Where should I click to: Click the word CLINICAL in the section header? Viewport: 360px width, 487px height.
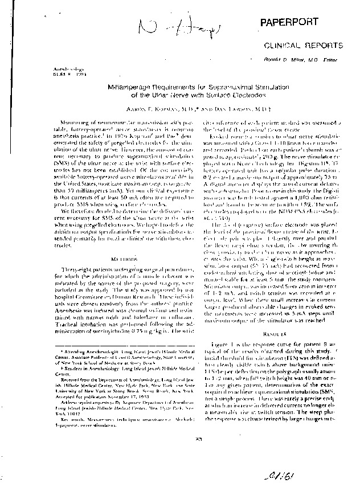(283, 45)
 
